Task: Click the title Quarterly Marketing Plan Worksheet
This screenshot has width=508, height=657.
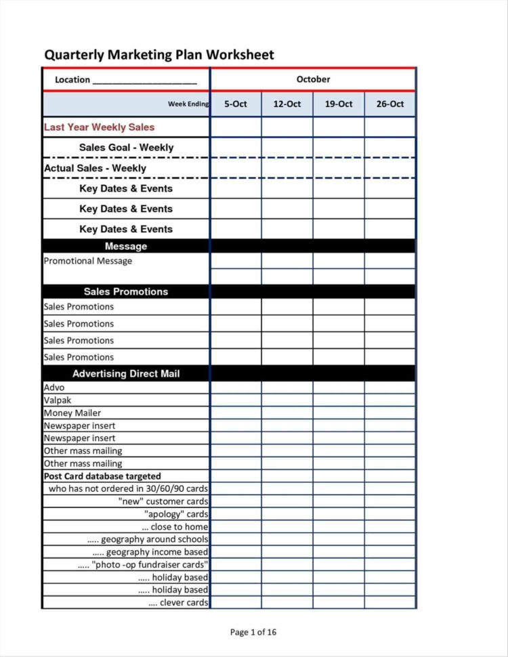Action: [x=159, y=55]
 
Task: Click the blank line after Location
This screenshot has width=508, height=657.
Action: [x=144, y=81]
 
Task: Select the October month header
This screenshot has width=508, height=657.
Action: [x=313, y=79]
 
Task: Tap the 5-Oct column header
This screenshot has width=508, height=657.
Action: [x=236, y=104]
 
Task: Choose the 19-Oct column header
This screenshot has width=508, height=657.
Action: [x=339, y=104]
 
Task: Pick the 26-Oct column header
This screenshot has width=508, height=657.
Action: [x=390, y=104]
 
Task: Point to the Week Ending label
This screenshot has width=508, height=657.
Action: [x=188, y=104]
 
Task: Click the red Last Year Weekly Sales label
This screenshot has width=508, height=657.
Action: [x=99, y=127]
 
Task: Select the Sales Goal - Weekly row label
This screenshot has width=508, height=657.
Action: [x=126, y=148]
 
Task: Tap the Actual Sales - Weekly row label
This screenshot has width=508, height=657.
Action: [x=95, y=168]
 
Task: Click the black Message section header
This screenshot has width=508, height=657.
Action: [x=126, y=247]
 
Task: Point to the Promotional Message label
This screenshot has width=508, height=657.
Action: [x=88, y=261]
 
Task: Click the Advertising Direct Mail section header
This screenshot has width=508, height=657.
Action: [x=126, y=374]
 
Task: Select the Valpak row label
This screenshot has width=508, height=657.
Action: [x=58, y=400]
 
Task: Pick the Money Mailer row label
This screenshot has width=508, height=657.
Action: [x=72, y=413]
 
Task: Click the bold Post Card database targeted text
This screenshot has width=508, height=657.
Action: [x=102, y=476]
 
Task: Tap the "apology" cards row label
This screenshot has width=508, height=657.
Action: [x=172, y=514]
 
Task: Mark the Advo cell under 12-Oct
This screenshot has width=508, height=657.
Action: [x=287, y=388]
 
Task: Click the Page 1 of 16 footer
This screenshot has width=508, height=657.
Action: [x=253, y=633]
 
